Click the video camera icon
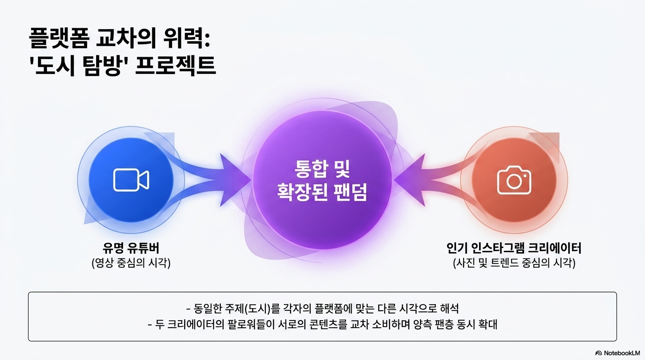131,180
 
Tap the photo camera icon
514,180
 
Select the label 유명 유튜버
131,248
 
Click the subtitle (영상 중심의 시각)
131,263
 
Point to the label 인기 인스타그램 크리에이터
514,248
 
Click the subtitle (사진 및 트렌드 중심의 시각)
514,263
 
